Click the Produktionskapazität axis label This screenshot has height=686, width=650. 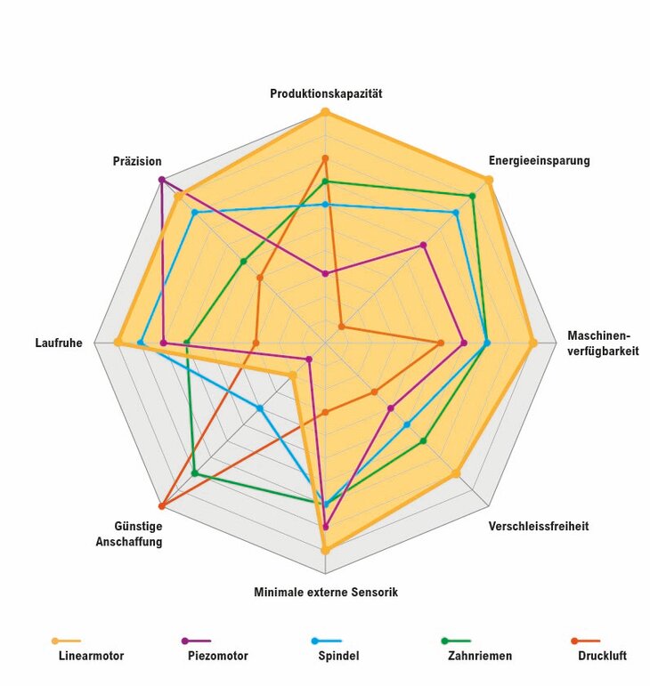coord(326,93)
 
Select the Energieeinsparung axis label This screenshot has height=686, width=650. coord(539,161)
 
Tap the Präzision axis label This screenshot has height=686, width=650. coord(137,161)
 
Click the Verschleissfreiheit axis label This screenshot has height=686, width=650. coord(538,526)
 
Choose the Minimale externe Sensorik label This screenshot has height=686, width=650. coord(325,592)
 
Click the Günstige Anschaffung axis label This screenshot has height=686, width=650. coord(129,533)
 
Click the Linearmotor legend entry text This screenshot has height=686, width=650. coord(91,656)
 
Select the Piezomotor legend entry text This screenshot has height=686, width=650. coord(218,656)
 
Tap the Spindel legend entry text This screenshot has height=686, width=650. coord(339,656)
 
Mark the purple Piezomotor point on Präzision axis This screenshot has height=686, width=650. coord(161,180)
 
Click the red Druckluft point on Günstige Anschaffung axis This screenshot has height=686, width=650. coord(161,506)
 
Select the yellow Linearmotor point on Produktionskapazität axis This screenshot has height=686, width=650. coord(325,111)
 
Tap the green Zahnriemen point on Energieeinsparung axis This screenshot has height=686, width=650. coord(472,196)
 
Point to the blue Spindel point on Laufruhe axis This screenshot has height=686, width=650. coord(140,343)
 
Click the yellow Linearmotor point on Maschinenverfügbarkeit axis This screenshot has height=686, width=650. coord(532,343)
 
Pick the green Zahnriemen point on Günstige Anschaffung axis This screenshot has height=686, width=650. coord(194,473)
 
